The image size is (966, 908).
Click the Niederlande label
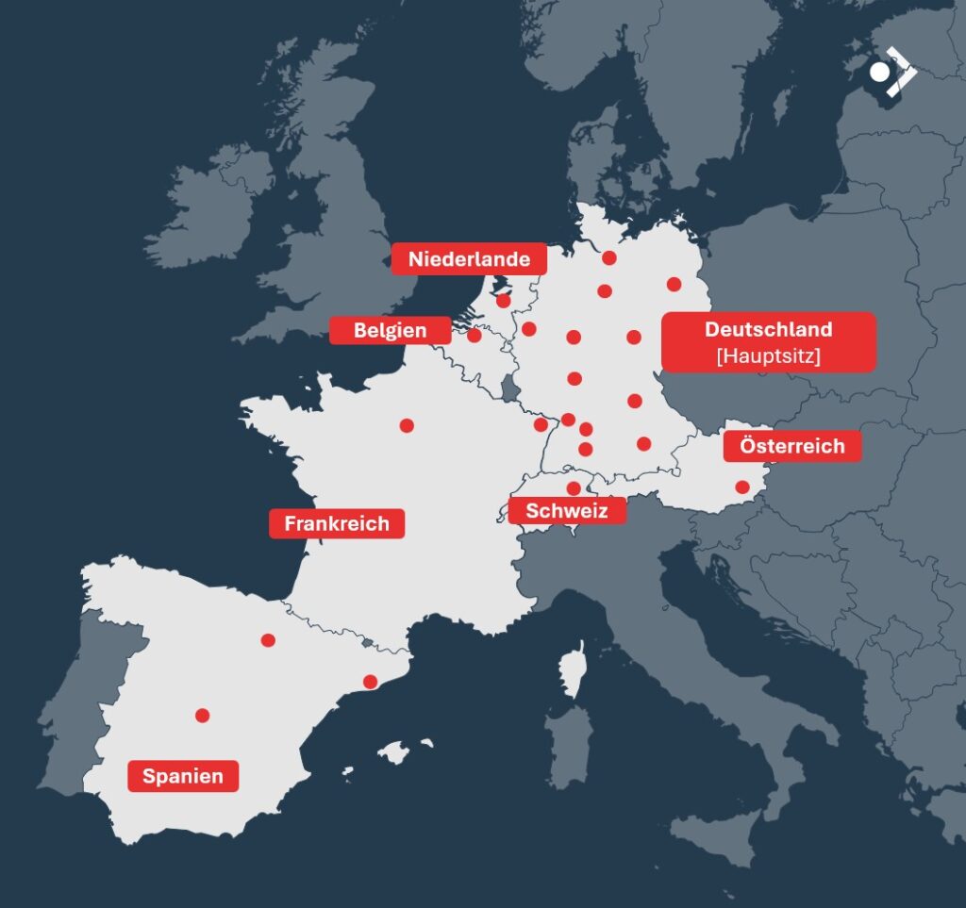(x=469, y=258)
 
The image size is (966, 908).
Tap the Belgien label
(x=390, y=330)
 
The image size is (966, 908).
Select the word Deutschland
(x=768, y=329)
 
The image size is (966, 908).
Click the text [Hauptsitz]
(x=768, y=356)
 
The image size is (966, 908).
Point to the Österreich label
(x=791, y=446)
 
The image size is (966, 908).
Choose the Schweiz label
(x=566, y=511)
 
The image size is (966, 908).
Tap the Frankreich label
(x=337, y=523)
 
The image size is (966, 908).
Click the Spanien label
(x=183, y=776)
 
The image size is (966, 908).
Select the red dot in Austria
(x=742, y=487)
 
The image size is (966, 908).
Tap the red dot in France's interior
(x=407, y=425)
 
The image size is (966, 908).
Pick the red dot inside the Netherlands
(x=504, y=301)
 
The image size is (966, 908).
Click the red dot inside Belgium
(x=475, y=335)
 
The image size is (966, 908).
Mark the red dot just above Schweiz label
(x=574, y=488)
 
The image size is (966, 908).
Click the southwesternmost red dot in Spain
(x=202, y=716)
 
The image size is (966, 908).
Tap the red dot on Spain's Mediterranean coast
(x=370, y=682)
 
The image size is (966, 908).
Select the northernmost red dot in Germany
(x=609, y=258)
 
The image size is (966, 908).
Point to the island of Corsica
(x=572, y=669)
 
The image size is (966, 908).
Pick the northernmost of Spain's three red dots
(x=268, y=640)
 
